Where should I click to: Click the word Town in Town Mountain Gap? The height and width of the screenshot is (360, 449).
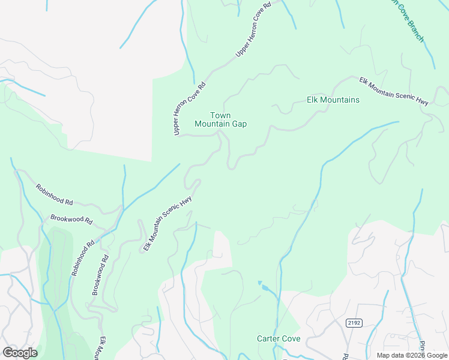pos(220,115)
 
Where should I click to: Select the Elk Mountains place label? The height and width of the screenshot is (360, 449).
pos(333,100)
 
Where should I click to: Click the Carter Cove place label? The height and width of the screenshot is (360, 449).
pos(279,338)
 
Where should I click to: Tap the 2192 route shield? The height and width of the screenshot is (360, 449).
pos(354,323)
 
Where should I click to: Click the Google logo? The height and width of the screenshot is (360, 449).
pos(20,352)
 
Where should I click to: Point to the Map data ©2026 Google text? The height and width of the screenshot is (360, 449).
pos(412,355)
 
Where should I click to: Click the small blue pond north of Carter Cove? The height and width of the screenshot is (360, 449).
pos(259,283)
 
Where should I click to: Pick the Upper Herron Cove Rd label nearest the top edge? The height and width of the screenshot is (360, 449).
pos(254,29)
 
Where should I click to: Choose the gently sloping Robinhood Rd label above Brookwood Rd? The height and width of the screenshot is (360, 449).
pos(54,194)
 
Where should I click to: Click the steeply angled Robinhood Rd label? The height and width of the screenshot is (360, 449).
pos(83,258)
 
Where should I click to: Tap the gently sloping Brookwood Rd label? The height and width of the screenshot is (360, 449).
pos(71,220)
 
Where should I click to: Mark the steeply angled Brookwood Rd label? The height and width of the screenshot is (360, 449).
pos(100,275)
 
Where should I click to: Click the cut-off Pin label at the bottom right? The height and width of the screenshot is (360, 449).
pos(422,347)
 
